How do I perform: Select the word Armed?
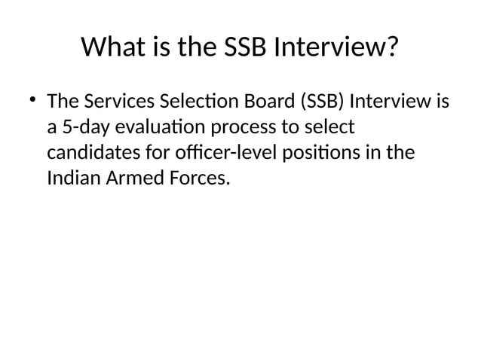(128, 179)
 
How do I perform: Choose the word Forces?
(193, 179)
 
